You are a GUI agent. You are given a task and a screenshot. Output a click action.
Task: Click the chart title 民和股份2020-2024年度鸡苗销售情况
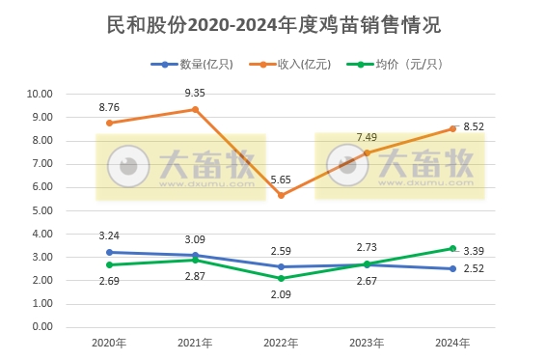(x=272, y=23)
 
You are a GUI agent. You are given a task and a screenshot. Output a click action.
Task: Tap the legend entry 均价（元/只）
(x=404, y=65)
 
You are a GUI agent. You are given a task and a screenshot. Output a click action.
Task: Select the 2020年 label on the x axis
(x=109, y=343)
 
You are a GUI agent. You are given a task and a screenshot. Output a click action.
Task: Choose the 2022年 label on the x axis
(x=281, y=343)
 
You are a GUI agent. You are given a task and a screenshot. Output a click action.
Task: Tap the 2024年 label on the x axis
(x=452, y=343)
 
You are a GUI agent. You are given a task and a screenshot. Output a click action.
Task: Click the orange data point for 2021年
(x=195, y=109)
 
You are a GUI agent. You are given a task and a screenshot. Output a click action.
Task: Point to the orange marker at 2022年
(x=281, y=195)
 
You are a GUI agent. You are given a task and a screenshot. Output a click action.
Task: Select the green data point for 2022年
(x=281, y=278)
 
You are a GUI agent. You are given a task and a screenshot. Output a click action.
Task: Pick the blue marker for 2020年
(x=109, y=252)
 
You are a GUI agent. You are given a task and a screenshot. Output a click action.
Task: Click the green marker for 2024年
(x=452, y=248)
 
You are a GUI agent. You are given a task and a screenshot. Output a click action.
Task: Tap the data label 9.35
(x=195, y=93)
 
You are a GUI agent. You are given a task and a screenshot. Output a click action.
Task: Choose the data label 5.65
(x=281, y=179)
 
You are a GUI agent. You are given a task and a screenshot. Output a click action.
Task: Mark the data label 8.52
(x=474, y=126)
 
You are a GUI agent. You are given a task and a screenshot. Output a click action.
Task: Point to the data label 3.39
(x=474, y=253)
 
